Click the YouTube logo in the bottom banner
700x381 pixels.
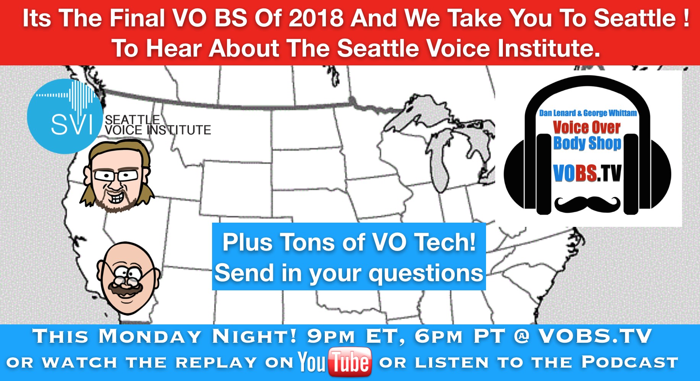[335, 362]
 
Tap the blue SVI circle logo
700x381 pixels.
[65, 116]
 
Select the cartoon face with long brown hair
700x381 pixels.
[117, 176]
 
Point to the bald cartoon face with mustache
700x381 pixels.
[128, 278]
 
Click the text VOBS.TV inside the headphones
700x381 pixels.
[587, 173]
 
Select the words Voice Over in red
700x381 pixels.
[587, 127]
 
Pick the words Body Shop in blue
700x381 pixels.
[587, 143]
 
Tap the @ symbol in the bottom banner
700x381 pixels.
[522, 336]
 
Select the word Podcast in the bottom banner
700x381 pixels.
[630, 362]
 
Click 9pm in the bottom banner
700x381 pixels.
[331, 336]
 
